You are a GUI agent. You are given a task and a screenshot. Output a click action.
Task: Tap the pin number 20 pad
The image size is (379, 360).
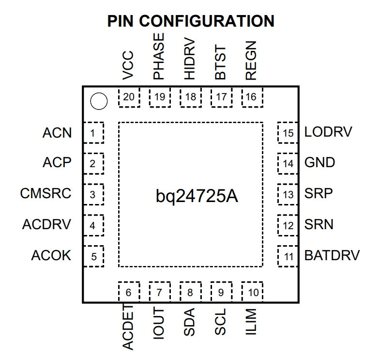pyautogui.click(x=129, y=97)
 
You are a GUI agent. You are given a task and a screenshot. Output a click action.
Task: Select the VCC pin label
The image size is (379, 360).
pyautogui.click(x=128, y=65)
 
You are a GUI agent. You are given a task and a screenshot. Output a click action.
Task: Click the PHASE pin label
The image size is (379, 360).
pyautogui.click(x=159, y=56)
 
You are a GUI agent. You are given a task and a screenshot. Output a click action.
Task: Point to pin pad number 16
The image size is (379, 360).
pyautogui.click(x=252, y=97)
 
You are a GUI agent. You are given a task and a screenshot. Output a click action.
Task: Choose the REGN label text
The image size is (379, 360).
pyautogui.click(x=251, y=61)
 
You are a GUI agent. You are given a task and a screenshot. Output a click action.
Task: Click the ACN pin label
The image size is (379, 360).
pyautogui.click(x=57, y=133)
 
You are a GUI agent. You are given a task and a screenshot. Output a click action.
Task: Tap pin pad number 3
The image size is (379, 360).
pyautogui.click(x=93, y=194)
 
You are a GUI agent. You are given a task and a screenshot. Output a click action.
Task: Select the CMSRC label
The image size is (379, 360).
pyautogui.click(x=45, y=193)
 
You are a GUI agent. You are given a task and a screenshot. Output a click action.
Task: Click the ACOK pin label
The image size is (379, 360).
pyautogui.click(x=51, y=255)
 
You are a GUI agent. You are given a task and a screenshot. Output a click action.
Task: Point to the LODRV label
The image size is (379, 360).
pyautogui.click(x=328, y=132)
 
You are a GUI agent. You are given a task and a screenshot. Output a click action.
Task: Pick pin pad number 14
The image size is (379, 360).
pyautogui.click(x=288, y=164)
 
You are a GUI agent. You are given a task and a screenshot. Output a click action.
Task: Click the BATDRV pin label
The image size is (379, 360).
pyautogui.click(x=332, y=255)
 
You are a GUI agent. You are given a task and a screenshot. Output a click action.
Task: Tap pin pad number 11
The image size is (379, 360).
pyautogui.click(x=288, y=256)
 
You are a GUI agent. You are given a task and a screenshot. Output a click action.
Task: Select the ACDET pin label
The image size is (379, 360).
pyautogui.click(x=128, y=327)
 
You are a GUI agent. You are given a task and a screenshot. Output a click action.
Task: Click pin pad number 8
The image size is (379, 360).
pyautogui.click(x=191, y=292)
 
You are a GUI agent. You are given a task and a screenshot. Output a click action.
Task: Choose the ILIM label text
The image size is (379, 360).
pyautogui.click(x=251, y=322)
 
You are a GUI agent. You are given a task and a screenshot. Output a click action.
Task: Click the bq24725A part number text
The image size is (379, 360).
pyautogui.click(x=197, y=196)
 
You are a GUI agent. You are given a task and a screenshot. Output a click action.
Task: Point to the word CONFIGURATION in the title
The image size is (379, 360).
pyautogui.click(x=207, y=21)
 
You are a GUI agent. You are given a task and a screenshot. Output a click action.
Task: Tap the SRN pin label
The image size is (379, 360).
pyautogui.click(x=319, y=224)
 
